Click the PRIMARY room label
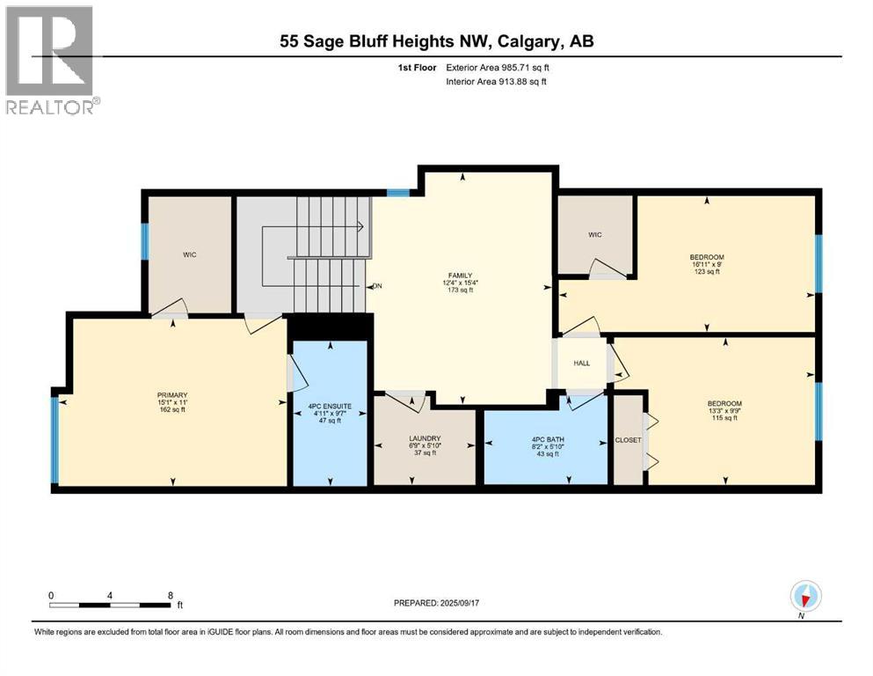[172, 395]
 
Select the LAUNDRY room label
[424, 438]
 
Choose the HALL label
[581, 363]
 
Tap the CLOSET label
[628, 440]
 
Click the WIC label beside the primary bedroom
[189, 254]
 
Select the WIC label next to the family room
[594, 235]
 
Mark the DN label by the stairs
[377, 286]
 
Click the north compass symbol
[804, 596]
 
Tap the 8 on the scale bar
[169, 595]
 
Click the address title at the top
[436, 41]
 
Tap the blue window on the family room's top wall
[398, 192]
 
